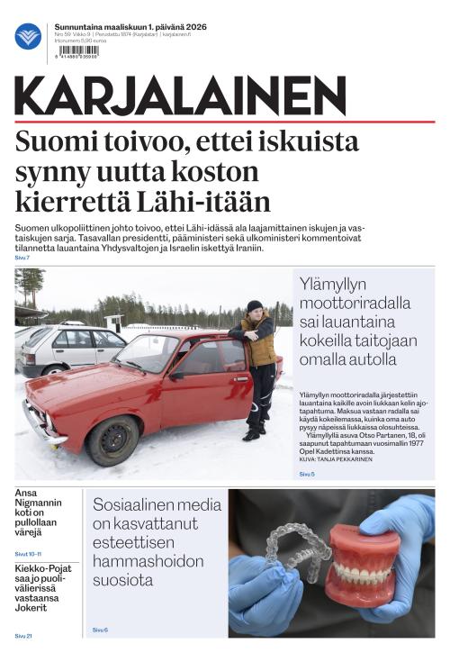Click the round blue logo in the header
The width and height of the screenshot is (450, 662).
point(28,37)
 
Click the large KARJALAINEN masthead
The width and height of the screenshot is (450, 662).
point(180,95)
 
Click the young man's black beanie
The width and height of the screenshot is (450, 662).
point(255,306)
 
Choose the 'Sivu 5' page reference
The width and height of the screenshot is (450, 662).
point(307,474)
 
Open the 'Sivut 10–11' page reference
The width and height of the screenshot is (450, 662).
point(28,554)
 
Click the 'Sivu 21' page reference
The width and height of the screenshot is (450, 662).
point(23,636)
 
